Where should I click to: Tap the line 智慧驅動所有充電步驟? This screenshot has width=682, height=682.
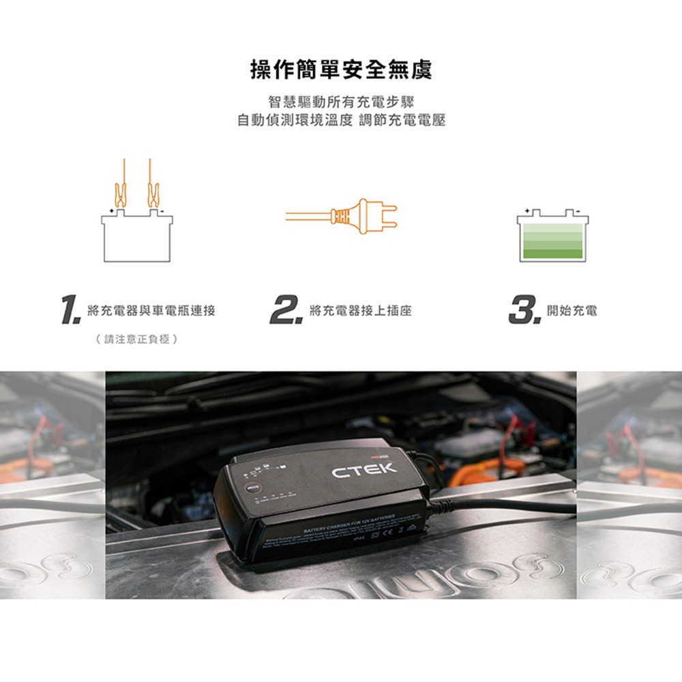[x=340, y=102]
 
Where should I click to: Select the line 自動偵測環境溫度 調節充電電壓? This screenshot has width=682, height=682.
[x=340, y=121]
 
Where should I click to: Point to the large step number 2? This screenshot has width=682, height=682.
[x=285, y=311]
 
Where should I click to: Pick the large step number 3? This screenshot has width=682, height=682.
[x=524, y=311]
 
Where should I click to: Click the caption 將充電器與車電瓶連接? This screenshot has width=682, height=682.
[x=151, y=311]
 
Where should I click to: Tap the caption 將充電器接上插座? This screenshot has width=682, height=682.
[x=360, y=311]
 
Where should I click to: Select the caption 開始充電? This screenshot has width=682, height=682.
[x=572, y=311]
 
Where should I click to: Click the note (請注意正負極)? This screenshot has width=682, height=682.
[x=136, y=338]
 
